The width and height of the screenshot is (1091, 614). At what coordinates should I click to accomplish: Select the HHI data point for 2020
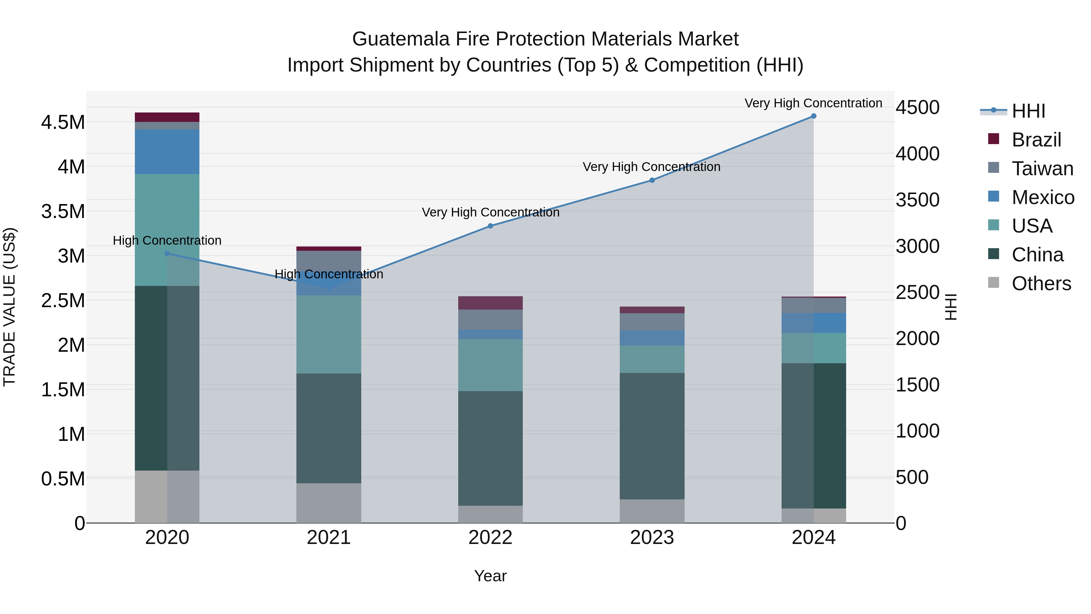167,253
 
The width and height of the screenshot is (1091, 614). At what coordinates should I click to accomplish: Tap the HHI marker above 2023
652,180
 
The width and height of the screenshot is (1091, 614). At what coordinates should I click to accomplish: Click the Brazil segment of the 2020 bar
167,117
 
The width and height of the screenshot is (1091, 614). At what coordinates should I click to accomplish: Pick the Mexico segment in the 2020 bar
167,152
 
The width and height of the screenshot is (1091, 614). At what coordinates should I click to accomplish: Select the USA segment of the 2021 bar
329,334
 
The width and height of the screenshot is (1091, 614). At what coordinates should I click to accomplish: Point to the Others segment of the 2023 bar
652,511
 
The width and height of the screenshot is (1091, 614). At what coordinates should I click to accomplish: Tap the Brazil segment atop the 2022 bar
490,303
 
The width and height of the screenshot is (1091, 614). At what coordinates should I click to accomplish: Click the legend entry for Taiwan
1042,169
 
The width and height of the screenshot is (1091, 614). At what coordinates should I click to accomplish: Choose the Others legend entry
1041,284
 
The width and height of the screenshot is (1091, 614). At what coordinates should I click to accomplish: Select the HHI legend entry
1028,111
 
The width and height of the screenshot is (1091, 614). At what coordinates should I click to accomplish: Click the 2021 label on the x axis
329,538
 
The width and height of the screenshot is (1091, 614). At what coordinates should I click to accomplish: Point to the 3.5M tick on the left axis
63,211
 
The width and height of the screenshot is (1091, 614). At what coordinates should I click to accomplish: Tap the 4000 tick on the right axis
917,154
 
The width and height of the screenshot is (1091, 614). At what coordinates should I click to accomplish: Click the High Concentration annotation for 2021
329,274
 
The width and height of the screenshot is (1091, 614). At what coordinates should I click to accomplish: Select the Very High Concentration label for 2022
490,212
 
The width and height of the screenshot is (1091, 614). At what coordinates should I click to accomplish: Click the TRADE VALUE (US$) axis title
9,307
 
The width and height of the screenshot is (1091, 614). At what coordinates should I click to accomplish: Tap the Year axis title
490,576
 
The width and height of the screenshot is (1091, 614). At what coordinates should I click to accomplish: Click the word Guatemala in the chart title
400,39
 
